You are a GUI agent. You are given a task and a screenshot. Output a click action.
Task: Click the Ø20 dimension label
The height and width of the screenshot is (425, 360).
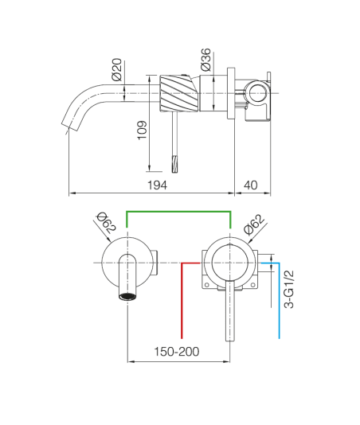(116, 69)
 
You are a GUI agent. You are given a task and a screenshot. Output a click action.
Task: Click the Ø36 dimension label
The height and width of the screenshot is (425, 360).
(205, 60)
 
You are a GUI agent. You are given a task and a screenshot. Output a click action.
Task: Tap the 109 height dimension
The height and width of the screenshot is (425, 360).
(142, 130)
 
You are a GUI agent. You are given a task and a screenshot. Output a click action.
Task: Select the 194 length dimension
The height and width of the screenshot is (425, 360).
(157, 185)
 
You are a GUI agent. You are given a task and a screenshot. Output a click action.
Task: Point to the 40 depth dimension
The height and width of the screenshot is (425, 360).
(250, 185)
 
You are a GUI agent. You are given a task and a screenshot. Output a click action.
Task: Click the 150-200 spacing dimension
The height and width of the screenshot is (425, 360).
(177, 352)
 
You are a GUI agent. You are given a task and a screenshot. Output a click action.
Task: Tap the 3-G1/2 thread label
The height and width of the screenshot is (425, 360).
(288, 289)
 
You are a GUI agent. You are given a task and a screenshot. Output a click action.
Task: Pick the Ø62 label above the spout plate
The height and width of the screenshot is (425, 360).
(107, 223)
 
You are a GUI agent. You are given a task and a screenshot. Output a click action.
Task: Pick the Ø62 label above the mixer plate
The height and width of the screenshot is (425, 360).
(254, 224)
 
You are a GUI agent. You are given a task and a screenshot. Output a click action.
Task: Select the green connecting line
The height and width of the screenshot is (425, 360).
(178, 211)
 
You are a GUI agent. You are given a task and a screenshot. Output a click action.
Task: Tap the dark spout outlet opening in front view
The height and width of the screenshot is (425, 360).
(127, 297)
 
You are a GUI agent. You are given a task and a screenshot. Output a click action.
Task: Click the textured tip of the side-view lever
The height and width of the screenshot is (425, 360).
(174, 164)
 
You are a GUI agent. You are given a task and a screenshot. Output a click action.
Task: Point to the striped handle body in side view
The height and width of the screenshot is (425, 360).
(178, 93)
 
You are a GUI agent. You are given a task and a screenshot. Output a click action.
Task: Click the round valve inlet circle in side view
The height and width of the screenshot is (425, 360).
(258, 93)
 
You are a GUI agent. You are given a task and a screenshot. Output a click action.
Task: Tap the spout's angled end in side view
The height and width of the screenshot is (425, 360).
(70, 126)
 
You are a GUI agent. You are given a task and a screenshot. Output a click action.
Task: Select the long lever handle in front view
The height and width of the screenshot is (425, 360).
(230, 310)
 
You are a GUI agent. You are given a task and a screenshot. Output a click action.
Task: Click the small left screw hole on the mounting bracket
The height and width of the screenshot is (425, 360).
(206, 285)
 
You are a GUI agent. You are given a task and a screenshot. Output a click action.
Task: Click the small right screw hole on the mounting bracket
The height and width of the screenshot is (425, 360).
(252, 285)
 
